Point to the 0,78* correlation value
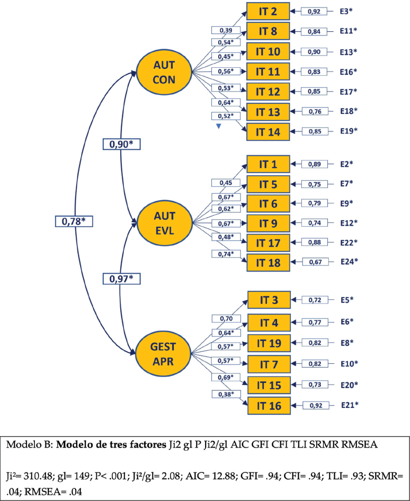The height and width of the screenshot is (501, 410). point(74,221)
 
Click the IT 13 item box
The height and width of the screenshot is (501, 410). point(268,111)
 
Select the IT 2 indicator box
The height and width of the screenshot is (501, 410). point(268,11)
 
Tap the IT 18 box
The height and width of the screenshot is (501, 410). point(268,262)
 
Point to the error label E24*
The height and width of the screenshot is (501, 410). point(348,262)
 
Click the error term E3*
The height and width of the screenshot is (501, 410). point(348,11)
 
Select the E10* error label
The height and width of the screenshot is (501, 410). point(349,363)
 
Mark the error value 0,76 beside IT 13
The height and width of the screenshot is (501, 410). point(315,111)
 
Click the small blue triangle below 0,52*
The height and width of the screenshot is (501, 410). point(219,127)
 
